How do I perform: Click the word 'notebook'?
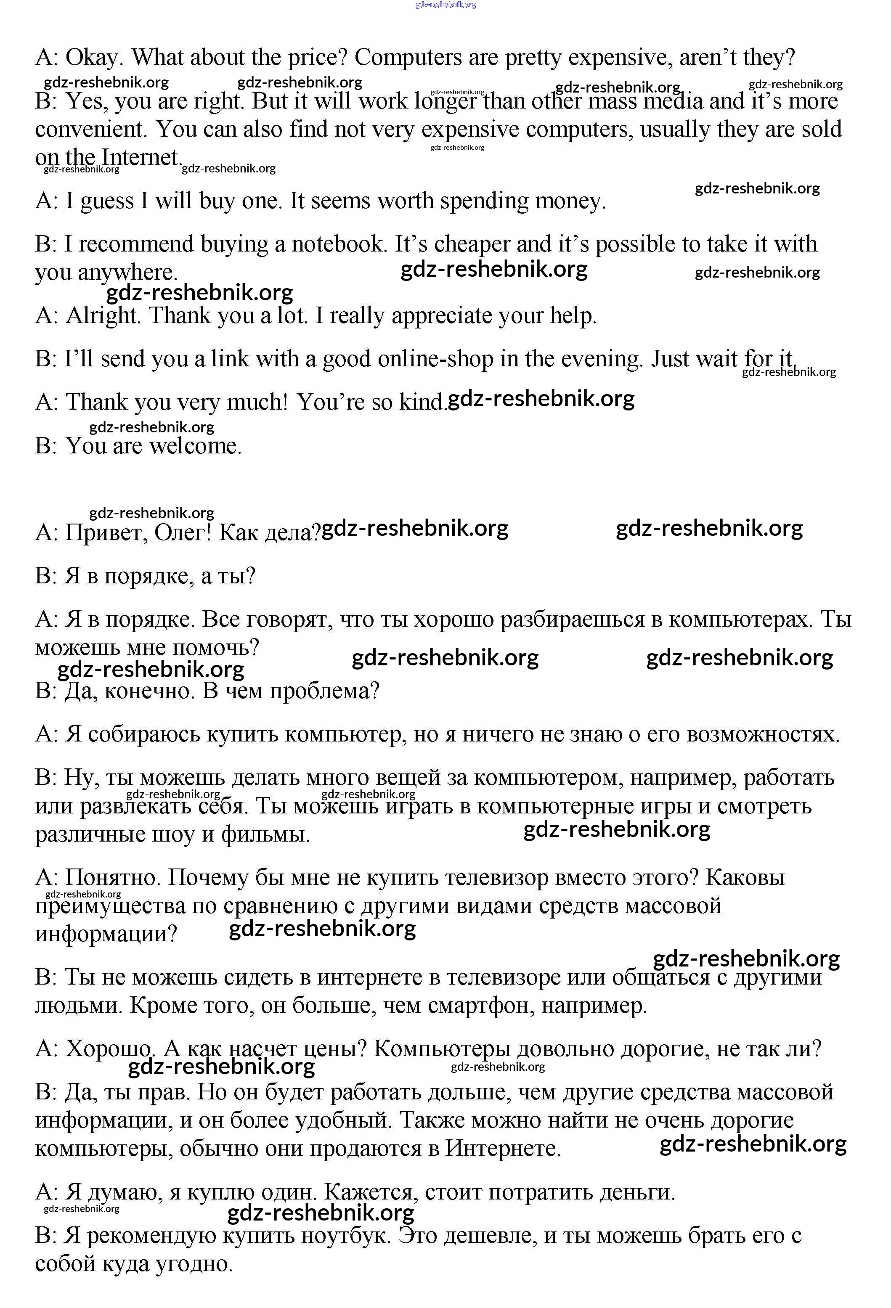pos(338,244)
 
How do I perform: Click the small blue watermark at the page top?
pos(445,5)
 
